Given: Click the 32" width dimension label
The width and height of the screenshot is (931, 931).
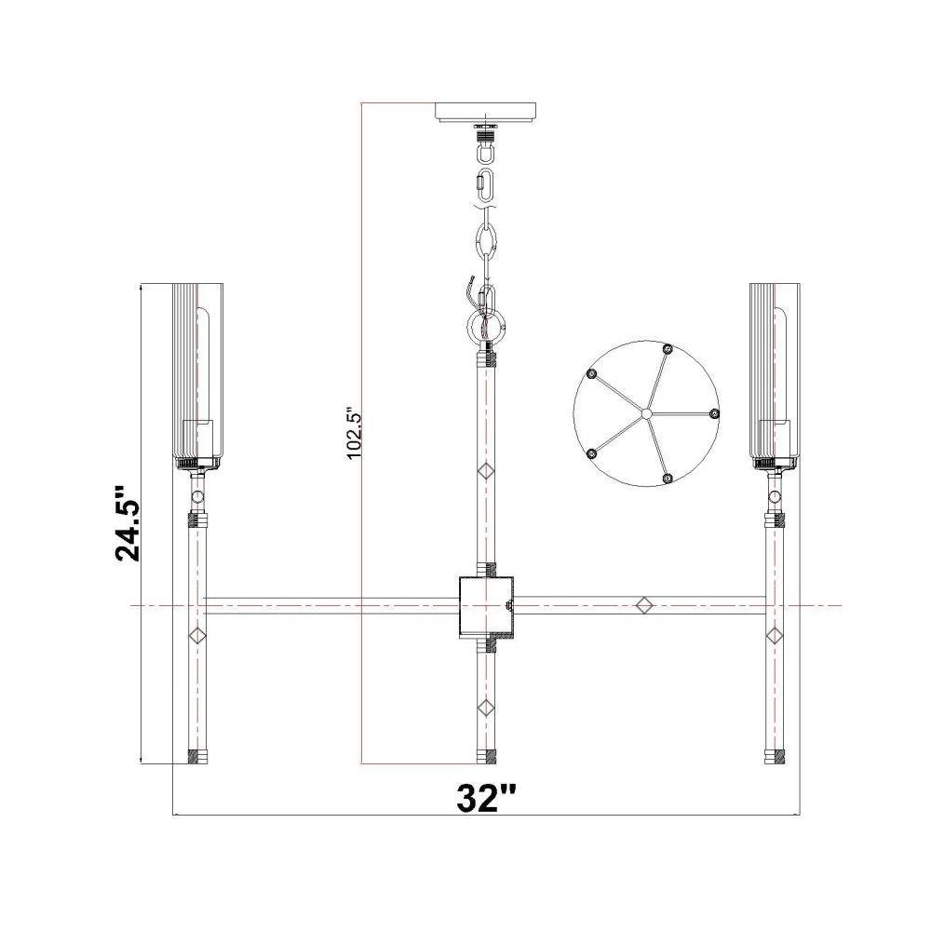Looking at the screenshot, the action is (487, 798).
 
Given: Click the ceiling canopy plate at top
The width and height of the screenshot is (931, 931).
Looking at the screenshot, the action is (486, 113).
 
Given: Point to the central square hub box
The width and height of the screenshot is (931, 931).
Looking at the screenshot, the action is (486, 606).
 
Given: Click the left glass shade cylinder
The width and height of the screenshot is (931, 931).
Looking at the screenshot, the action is (197, 373).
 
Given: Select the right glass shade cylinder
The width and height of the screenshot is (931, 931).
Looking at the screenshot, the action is (775, 373).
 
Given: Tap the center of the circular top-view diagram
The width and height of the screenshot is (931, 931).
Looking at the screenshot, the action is (647, 413).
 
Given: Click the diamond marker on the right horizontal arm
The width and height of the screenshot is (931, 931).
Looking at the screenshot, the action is (645, 606).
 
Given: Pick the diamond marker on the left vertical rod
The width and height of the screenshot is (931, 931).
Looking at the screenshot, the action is (196, 635).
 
